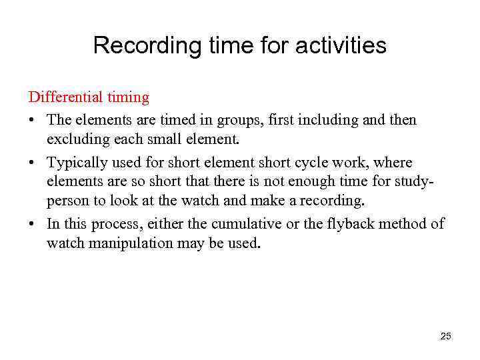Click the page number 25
tap(446, 336)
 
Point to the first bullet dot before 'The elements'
tap(32, 121)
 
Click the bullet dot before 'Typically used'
tap(32, 163)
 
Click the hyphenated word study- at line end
tap(415, 181)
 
